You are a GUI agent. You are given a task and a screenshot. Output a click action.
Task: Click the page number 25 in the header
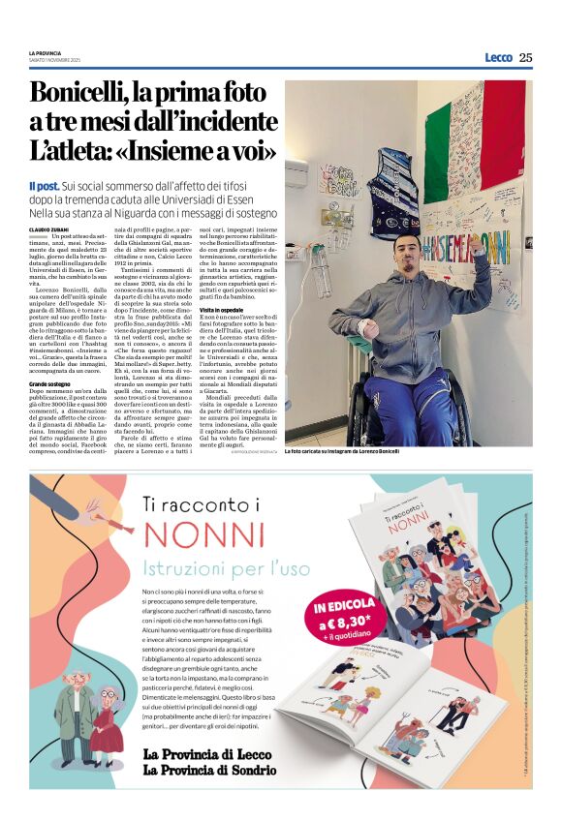(x=525, y=57)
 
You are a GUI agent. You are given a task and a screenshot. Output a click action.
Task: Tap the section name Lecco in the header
(x=498, y=57)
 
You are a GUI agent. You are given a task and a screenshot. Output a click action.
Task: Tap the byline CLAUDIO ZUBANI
(x=47, y=228)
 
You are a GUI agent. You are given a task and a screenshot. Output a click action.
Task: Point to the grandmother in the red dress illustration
(x=108, y=722)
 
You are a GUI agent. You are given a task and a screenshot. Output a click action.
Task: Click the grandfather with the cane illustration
(x=72, y=717)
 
